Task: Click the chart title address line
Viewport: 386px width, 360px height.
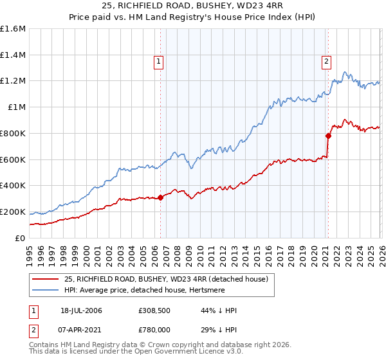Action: [x=192, y=6]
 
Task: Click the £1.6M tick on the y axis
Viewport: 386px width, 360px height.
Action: [x=13, y=29]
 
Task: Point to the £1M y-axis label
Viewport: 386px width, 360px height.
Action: [x=17, y=107]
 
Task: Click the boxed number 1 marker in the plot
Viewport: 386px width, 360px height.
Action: [x=159, y=62]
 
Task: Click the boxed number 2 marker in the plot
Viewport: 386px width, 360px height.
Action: [x=326, y=62]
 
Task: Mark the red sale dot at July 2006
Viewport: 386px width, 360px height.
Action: [x=160, y=198]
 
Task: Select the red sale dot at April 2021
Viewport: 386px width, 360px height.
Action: [x=327, y=136]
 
